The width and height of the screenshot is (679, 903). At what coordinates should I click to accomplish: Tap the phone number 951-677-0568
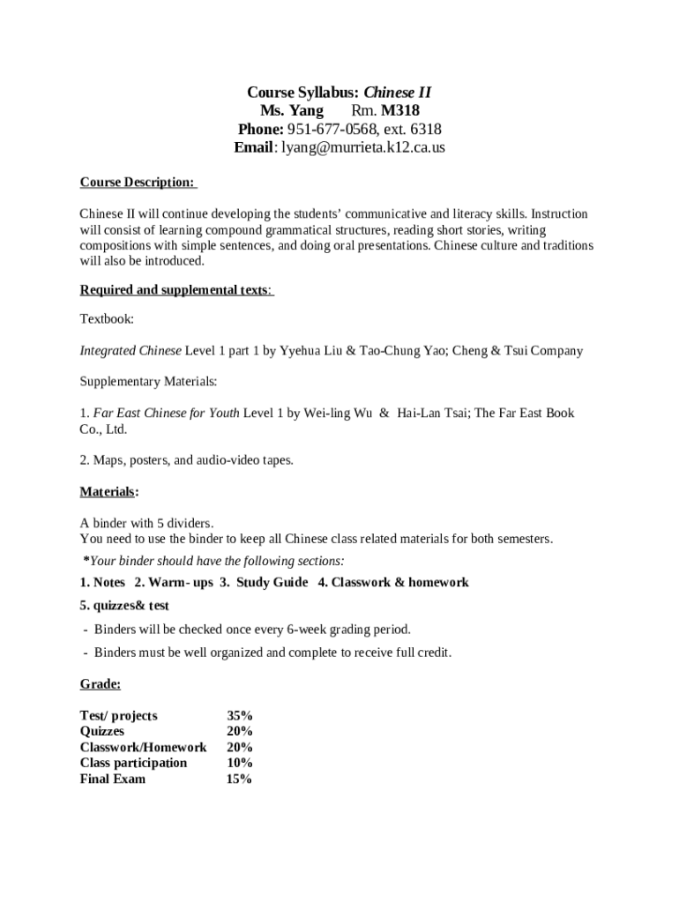click(x=339, y=130)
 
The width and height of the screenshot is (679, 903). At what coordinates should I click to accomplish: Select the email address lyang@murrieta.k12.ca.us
click(x=363, y=147)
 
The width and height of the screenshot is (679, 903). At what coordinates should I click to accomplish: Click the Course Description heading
click(x=138, y=183)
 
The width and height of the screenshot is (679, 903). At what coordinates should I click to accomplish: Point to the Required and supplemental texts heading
click(x=175, y=290)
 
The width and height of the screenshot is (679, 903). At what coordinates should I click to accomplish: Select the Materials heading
click(x=108, y=491)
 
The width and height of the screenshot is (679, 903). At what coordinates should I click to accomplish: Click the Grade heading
click(x=100, y=684)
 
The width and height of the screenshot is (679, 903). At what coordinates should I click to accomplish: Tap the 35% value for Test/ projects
click(x=239, y=715)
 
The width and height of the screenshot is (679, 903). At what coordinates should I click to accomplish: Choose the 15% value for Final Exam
click(x=239, y=779)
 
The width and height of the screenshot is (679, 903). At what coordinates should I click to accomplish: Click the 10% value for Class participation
click(x=239, y=763)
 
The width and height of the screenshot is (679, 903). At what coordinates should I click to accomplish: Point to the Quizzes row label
click(x=102, y=731)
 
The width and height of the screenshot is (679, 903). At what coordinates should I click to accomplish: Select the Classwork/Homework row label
click(x=143, y=747)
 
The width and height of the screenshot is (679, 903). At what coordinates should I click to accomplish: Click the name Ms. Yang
click(x=292, y=111)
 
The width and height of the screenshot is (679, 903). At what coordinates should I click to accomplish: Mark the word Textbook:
click(x=107, y=319)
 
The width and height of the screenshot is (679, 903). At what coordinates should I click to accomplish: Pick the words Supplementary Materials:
click(x=148, y=382)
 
